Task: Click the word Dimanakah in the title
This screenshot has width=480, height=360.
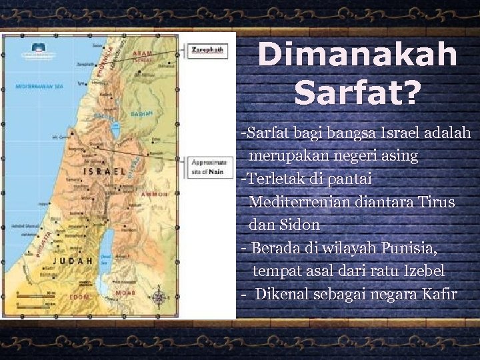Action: pos(357,55)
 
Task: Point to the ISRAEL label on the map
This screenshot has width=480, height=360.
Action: pos(104,172)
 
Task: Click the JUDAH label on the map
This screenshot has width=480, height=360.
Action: pos(73,261)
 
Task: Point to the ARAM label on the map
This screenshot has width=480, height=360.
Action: pos(143,53)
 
